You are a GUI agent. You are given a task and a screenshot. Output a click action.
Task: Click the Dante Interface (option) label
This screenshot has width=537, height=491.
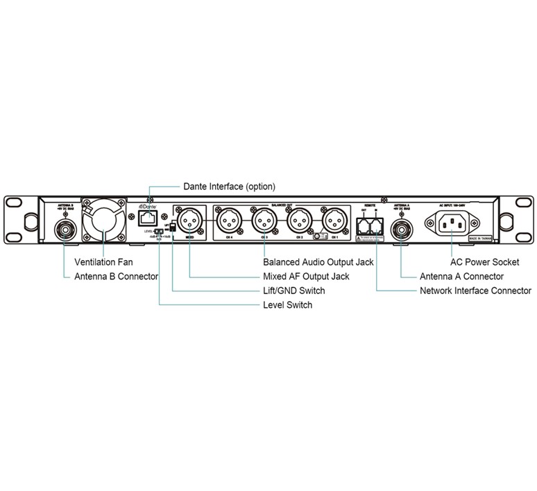pos(229,187)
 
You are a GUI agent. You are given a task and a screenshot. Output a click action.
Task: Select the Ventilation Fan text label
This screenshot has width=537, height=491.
pos(103,263)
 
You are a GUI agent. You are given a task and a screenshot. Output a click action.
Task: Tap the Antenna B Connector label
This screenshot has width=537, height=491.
pos(117,277)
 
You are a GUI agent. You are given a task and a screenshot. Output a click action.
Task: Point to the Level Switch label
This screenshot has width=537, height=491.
pos(287,305)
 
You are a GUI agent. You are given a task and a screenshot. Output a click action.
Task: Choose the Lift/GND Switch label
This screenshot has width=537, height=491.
pos(294,291)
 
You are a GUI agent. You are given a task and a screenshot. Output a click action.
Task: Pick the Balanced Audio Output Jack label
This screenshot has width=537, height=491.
pos(318,263)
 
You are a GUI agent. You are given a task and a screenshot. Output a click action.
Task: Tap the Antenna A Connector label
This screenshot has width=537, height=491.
pos(462,277)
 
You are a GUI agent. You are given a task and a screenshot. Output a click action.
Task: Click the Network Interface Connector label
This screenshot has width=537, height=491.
pos(476,291)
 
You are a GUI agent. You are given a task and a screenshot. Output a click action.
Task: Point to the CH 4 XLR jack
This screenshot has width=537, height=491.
pos(230,221)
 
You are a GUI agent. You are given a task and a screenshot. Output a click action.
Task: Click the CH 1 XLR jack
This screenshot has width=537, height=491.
pos(334,221)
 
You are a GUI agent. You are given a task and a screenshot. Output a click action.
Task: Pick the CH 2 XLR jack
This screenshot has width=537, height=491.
pos(299,221)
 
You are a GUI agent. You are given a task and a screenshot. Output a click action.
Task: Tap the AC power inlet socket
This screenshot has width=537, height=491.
pos(452,223)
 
